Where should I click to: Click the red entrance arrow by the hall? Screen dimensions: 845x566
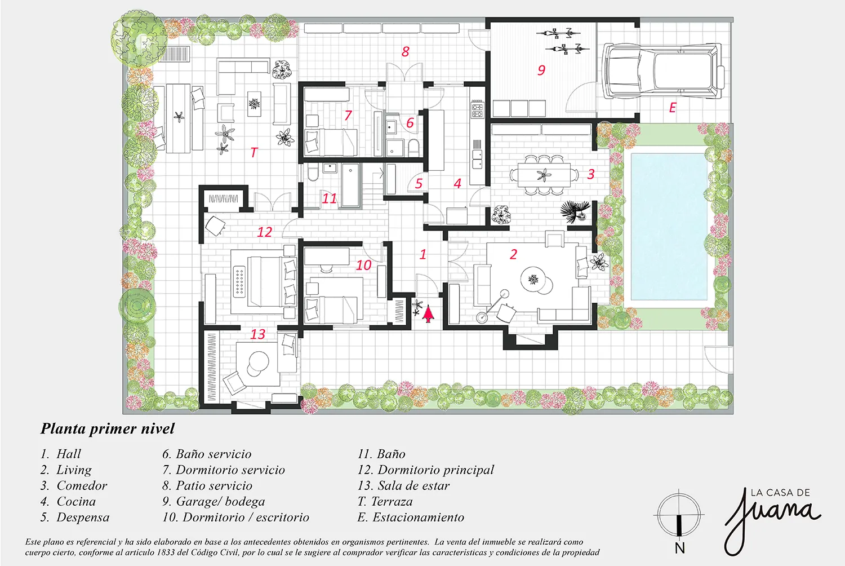coord(428,315)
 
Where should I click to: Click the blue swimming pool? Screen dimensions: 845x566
coord(669,227)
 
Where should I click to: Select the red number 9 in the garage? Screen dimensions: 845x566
coord(541,70)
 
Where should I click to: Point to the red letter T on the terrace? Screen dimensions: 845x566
coord(254,153)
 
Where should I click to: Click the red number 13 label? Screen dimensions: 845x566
coord(258,334)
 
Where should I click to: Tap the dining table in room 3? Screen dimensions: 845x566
coord(544,174)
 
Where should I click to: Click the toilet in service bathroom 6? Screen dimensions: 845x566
coord(414,148)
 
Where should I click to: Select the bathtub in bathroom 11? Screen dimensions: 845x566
coord(350,185)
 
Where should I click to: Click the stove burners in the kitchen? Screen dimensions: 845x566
coord(477,109)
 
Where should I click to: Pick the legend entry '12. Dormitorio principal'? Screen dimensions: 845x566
coord(425,470)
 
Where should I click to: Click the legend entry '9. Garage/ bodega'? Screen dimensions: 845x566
coord(214,501)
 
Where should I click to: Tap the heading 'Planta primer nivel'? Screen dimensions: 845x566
coord(108,429)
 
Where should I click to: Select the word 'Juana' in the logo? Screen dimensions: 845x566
coord(772,520)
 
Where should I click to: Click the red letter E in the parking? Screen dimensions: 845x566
coord(672,108)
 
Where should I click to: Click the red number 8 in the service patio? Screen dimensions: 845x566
coord(406,51)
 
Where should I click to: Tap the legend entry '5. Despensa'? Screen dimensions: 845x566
coord(75,518)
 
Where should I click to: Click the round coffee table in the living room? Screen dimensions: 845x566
coord(533,279)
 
